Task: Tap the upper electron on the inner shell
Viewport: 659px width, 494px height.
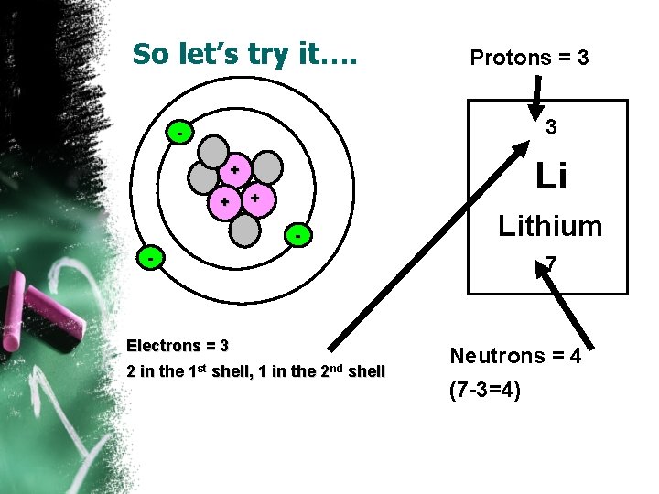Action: pos(179,134)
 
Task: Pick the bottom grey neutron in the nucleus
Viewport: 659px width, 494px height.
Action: pos(245,230)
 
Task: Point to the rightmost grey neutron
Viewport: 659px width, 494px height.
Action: pos(266,167)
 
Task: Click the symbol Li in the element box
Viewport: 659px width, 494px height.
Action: pos(550,176)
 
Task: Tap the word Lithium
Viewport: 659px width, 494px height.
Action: pos(550,226)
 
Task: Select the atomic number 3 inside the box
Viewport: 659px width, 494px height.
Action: pos(551,128)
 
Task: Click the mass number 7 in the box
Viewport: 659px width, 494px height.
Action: pos(551,266)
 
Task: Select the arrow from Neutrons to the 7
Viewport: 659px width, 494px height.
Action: pos(567,311)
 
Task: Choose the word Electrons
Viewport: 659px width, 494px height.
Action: pos(164,347)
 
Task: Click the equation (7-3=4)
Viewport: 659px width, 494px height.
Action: pos(485,392)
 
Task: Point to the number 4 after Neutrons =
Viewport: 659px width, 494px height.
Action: pos(575,357)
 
